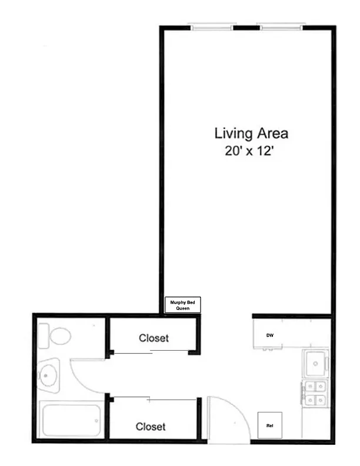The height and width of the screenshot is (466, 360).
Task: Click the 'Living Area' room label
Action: pyautogui.click(x=251, y=134)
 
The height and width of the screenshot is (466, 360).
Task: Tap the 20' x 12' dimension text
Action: pyautogui.click(x=249, y=151)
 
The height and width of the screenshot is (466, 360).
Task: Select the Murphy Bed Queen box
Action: pyautogui.click(x=183, y=305)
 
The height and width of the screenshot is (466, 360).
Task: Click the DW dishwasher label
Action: pyautogui.click(x=269, y=335)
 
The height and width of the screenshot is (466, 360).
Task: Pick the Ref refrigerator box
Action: pyautogui.click(x=269, y=425)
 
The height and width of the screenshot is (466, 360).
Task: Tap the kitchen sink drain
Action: pyautogui.click(x=315, y=364)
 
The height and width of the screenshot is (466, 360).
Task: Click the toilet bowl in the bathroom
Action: pyautogui.click(x=61, y=336)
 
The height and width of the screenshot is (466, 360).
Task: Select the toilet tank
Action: pyautogui.click(x=44, y=336)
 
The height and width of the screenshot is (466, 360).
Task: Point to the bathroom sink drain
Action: pyautogui.click(x=45, y=375)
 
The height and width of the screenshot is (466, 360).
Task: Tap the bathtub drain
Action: pyautogui.click(x=96, y=421)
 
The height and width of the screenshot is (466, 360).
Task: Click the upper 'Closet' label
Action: pyautogui.click(x=154, y=338)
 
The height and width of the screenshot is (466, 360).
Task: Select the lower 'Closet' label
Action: pyautogui.click(x=151, y=427)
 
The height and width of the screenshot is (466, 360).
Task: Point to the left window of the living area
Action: pyautogui.click(x=212, y=27)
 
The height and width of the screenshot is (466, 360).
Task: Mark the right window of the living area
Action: pyautogui.click(x=282, y=27)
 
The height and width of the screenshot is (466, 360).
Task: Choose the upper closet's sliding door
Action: pyautogui.click(x=151, y=352)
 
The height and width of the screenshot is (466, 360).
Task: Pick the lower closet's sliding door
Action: pyautogui.click(x=155, y=399)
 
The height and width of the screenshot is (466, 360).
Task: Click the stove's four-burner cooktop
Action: pyautogui.click(x=315, y=393)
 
